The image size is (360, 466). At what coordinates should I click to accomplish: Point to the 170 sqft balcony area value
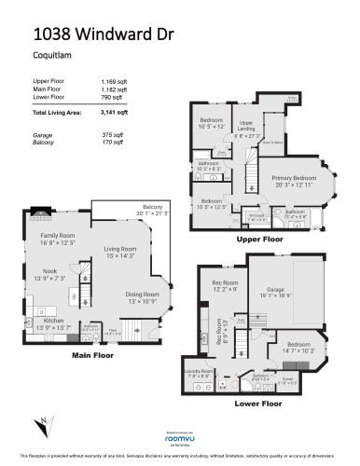coord(111,144)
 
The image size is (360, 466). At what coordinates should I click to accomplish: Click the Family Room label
coord(58,237)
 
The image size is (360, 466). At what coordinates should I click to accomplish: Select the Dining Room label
coord(143,295)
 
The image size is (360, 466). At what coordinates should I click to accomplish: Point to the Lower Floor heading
coord(258,404)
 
